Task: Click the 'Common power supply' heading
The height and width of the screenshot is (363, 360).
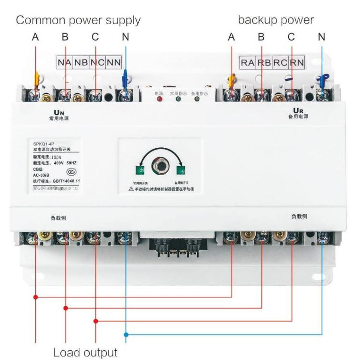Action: pos(78,20)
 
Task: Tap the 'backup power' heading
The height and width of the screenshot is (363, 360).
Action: pos(276,20)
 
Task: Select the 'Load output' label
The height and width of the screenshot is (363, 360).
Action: pos(85,352)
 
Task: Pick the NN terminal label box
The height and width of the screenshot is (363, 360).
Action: pos(113,62)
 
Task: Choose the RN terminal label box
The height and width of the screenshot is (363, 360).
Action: pos(297,62)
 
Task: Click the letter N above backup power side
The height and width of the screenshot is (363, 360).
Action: pos(321,37)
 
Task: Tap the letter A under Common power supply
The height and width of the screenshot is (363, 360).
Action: pos(35,37)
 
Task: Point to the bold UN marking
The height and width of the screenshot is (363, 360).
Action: pos(59,112)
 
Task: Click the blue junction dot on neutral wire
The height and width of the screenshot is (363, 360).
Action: pos(126,335)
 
